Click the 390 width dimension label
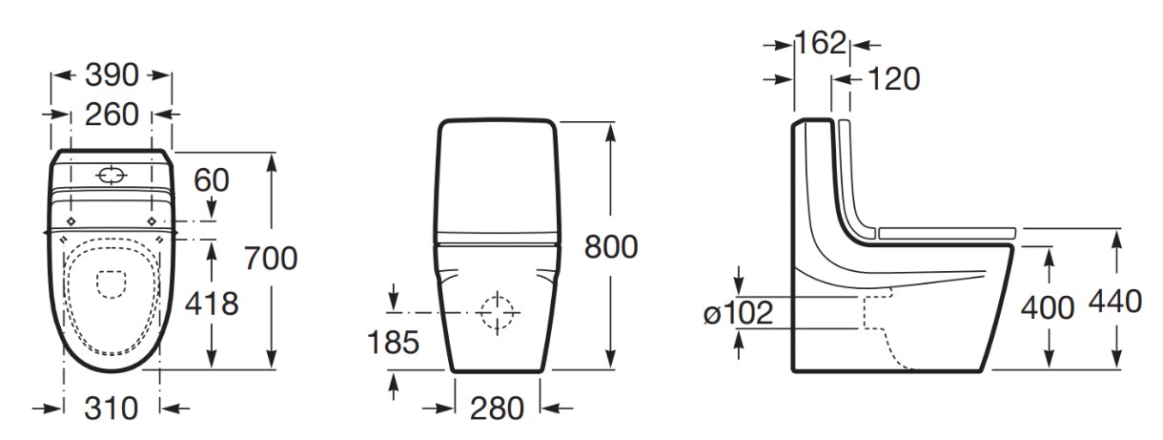[x=112, y=74]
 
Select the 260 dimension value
[x=112, y=114]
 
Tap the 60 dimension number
[x=212, y=180]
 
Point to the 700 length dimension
[x=271, y=258]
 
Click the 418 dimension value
[x=212, y=304]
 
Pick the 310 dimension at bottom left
[x=112, y=409]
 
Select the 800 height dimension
[x=610, y=246]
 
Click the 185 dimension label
[x=393, y=343]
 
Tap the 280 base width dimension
[x=497, y=409]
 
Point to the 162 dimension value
[x=821, y=43]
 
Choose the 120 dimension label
[x=893, y=79]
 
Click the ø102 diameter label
[x=738, y=313]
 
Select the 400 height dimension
[x=1048, y=307]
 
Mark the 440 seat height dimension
[x=1114, y=302]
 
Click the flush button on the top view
[x=112, y=176]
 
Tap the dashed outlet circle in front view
[x=497, y=312]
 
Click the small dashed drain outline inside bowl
[x=112, y=285]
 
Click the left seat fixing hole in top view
[x=71, y=221]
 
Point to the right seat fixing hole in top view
[x=153, y=221]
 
